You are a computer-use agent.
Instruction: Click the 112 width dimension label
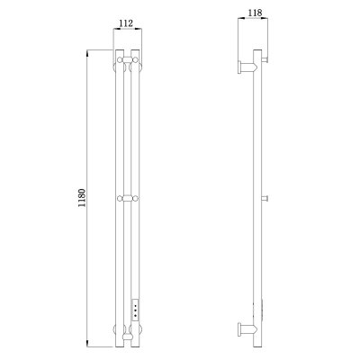126,23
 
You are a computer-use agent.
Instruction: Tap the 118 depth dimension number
256,13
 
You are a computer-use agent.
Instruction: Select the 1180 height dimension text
82,198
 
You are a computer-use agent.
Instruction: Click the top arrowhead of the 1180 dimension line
87,52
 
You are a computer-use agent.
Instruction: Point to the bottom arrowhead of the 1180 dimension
87,344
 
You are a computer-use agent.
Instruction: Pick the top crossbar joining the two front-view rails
128,60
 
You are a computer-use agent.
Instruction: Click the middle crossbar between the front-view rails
128,198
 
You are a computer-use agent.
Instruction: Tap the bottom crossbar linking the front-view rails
128,336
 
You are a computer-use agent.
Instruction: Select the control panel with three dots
136,310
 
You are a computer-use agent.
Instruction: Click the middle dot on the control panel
136,310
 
